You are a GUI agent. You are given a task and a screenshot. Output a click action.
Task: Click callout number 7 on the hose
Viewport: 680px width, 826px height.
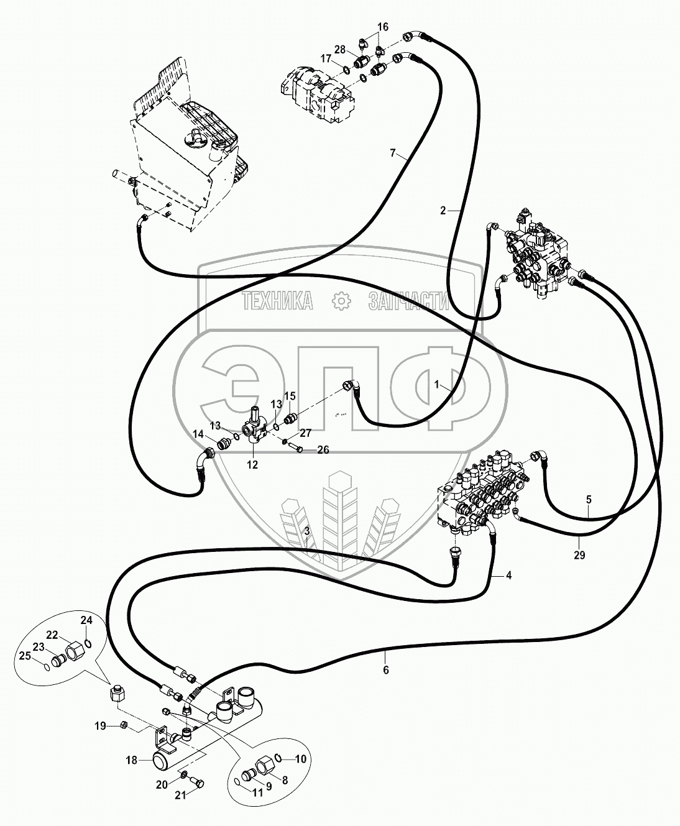coord(393,153)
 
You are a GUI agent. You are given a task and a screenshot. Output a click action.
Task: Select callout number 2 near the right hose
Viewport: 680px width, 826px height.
coord(443,211)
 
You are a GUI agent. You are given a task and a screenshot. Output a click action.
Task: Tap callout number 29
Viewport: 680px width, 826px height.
coord(579,554)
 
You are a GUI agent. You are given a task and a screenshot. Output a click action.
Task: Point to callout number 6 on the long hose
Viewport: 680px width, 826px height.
coord(386,670)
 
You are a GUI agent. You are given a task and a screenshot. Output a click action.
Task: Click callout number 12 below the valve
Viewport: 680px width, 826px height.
coord(252,464)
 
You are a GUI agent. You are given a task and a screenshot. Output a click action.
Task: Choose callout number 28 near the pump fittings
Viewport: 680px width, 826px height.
coord(340,49)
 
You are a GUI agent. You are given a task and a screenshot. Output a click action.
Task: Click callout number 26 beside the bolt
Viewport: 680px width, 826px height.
coord(323,449)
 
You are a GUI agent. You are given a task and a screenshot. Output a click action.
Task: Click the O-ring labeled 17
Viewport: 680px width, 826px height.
coord(347,70)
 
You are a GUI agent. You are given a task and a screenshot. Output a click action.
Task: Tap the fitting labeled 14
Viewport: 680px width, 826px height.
coord(223,445)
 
